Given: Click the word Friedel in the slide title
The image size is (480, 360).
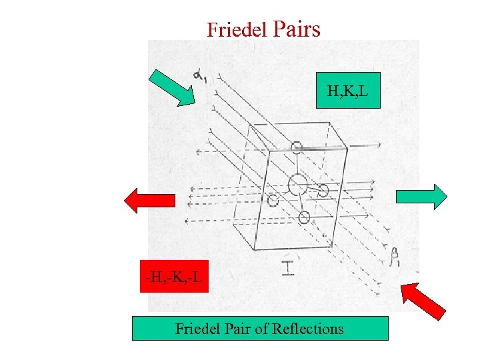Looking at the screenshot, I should pos(236,30).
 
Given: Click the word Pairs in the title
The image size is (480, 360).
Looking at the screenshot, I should pos(297,29).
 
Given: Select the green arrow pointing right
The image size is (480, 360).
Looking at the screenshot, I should pos(421,196).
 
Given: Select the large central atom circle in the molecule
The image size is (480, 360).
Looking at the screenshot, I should pos(297,183).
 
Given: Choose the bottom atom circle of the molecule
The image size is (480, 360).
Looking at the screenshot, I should pos(304,217).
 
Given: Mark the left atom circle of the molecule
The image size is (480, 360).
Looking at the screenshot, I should pos(273,199).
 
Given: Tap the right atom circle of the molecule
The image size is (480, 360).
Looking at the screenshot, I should pos(323,191).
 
